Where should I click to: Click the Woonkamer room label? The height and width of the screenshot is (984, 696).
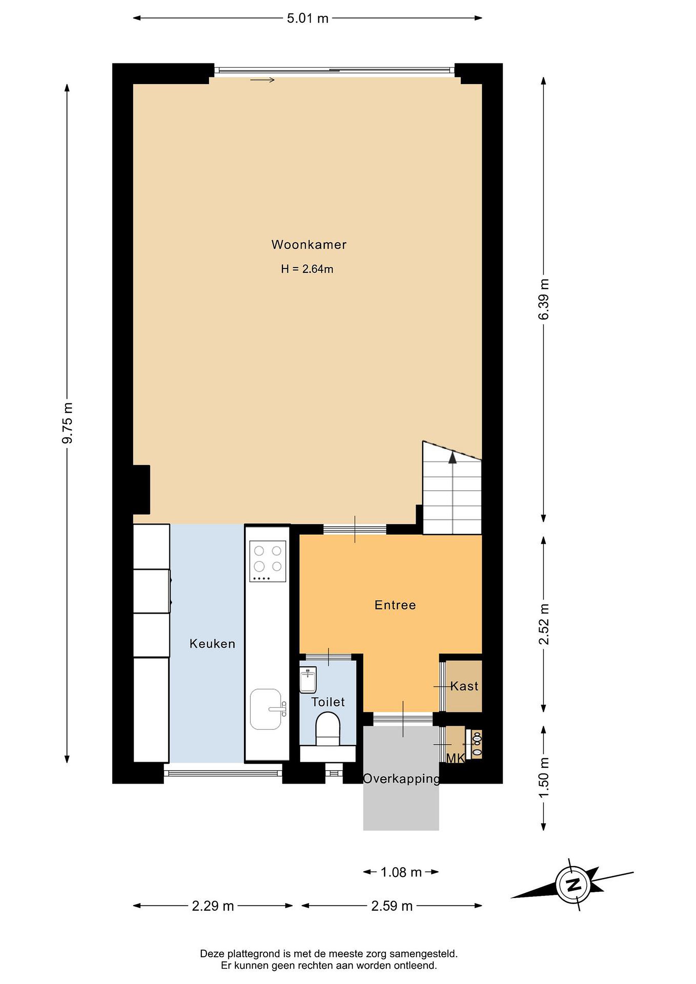click(x=309, y=245)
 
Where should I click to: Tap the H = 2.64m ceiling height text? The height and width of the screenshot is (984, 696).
click(x=307, y=269)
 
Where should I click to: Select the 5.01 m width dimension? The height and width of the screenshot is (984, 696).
click(x=308, y=18)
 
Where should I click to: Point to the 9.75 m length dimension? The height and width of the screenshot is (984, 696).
click(x=67, y=423)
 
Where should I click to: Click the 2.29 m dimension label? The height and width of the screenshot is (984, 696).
click(x=213, y=906)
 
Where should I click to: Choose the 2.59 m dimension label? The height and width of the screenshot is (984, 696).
click(x=392, y=906)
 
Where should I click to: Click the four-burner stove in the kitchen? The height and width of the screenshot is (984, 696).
click(x=268, y=561)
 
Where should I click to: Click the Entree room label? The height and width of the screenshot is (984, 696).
click(x=395, y=605)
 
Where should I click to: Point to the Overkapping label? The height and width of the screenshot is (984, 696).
click(x=401, y=779)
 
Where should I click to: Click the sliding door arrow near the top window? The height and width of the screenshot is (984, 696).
click(x=262, y=80)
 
